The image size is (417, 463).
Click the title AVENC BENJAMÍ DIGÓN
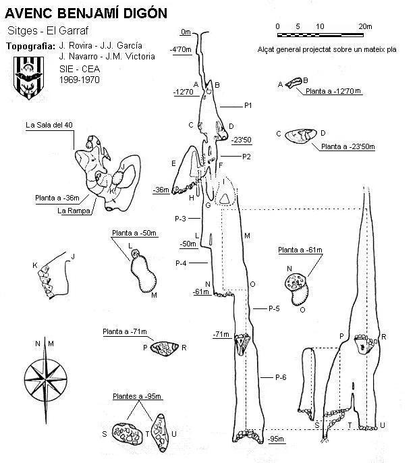click(86, 13)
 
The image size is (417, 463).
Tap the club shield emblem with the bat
click(28, 78)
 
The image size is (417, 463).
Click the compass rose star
click(45, 380)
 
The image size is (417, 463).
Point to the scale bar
click(321, 35)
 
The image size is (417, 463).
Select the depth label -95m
click(276, 439)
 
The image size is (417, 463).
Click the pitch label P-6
click(281, 377)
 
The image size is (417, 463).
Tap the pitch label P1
click(248, 105)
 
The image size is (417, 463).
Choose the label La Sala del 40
click(49, 125)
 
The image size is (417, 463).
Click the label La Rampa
click(74, 211)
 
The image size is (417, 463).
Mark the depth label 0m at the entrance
click(186, 32)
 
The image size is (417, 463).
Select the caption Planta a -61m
click(300, 250)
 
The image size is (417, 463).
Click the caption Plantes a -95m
click(137, 396)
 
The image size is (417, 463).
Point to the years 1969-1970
click(80, 80)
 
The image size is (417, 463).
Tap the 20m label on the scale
click(365, 26)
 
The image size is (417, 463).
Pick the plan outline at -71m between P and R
click(165, 348)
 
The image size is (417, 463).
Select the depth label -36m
click(161, 190)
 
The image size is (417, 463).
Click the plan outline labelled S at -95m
click(128, 434)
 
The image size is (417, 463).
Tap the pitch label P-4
click(181, 263)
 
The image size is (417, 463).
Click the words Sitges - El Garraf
click(47, 30)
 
